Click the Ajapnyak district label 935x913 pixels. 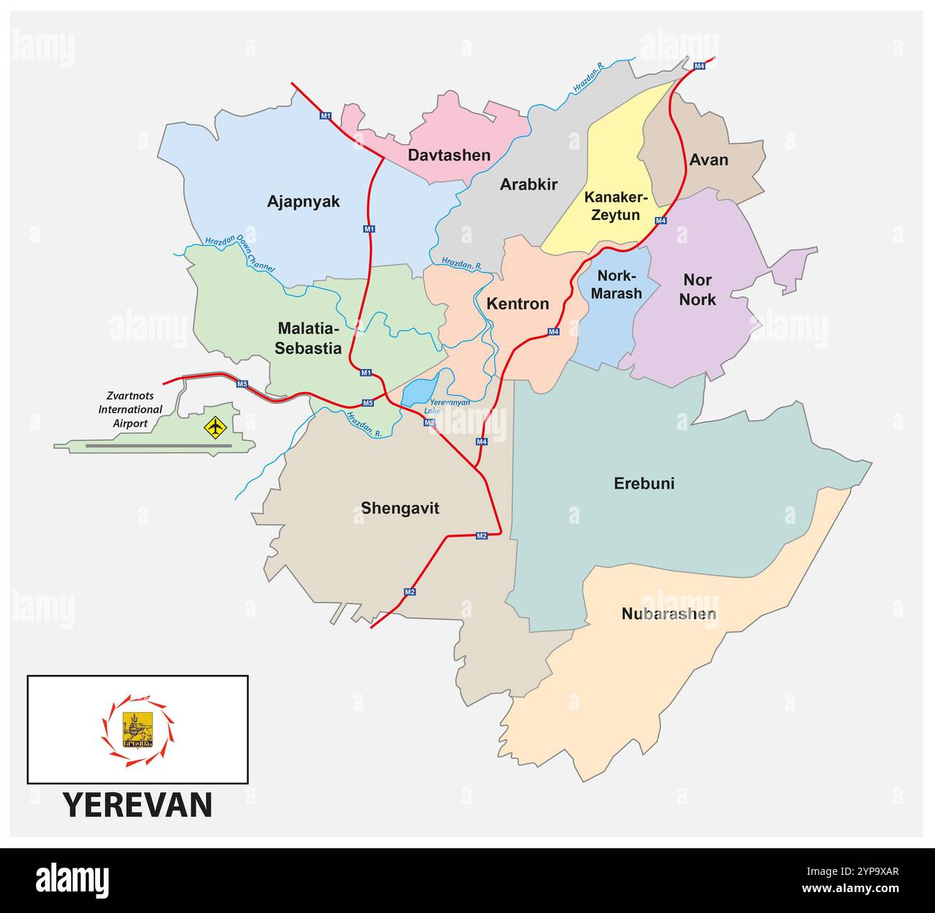click(303, 201)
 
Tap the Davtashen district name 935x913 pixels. click(449, 155)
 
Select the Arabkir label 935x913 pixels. click(529, 184)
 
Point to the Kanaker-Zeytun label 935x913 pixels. click(616, 206)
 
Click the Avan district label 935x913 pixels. click(708, 160)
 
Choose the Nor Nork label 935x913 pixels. click(697, 289)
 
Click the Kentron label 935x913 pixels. click(517, 304)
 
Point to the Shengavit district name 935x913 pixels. click(399, 508)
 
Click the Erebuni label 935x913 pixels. click(644, 483)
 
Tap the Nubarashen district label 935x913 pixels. click(668, 614)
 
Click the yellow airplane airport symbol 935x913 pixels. click(214, 427)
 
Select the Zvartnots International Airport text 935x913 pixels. click(130, 409)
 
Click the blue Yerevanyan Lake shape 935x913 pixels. click(418, 391)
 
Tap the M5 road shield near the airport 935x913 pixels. click(242, 383)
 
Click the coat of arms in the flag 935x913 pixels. click(137, 730)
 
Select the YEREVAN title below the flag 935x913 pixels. click(137, 805)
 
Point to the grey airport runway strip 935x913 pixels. click(158, 446)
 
